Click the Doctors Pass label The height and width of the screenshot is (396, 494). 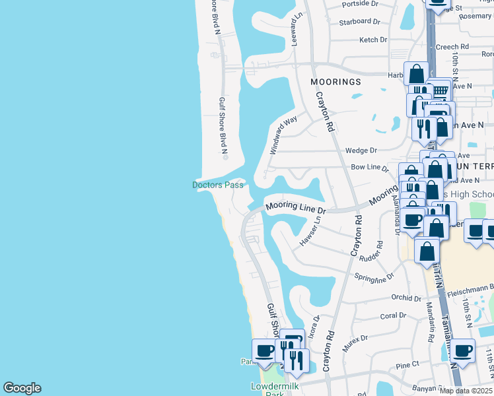click(x=217, y=185)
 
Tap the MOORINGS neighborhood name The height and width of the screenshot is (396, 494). click(x=335, y=82)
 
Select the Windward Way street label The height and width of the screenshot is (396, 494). click(x=283, y=135)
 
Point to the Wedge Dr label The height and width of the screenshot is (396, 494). click(x=361, y=150)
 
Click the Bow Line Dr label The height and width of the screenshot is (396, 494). click(x=369, y=168)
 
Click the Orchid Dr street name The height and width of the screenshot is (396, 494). click(x=406, y=298)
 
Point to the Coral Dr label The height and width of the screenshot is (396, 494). click(x=393, y=315)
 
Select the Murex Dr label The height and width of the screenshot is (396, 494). click(x=355, y=343)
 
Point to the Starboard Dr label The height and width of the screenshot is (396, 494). click(x=359, y=22)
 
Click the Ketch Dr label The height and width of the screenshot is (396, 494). click(x=373, y=40)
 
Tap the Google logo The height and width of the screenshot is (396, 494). click(x=22, y=388)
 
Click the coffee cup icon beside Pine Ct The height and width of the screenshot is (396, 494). click(x=463, y=351)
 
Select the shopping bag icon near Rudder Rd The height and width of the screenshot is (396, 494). click(x=427, y=251)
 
